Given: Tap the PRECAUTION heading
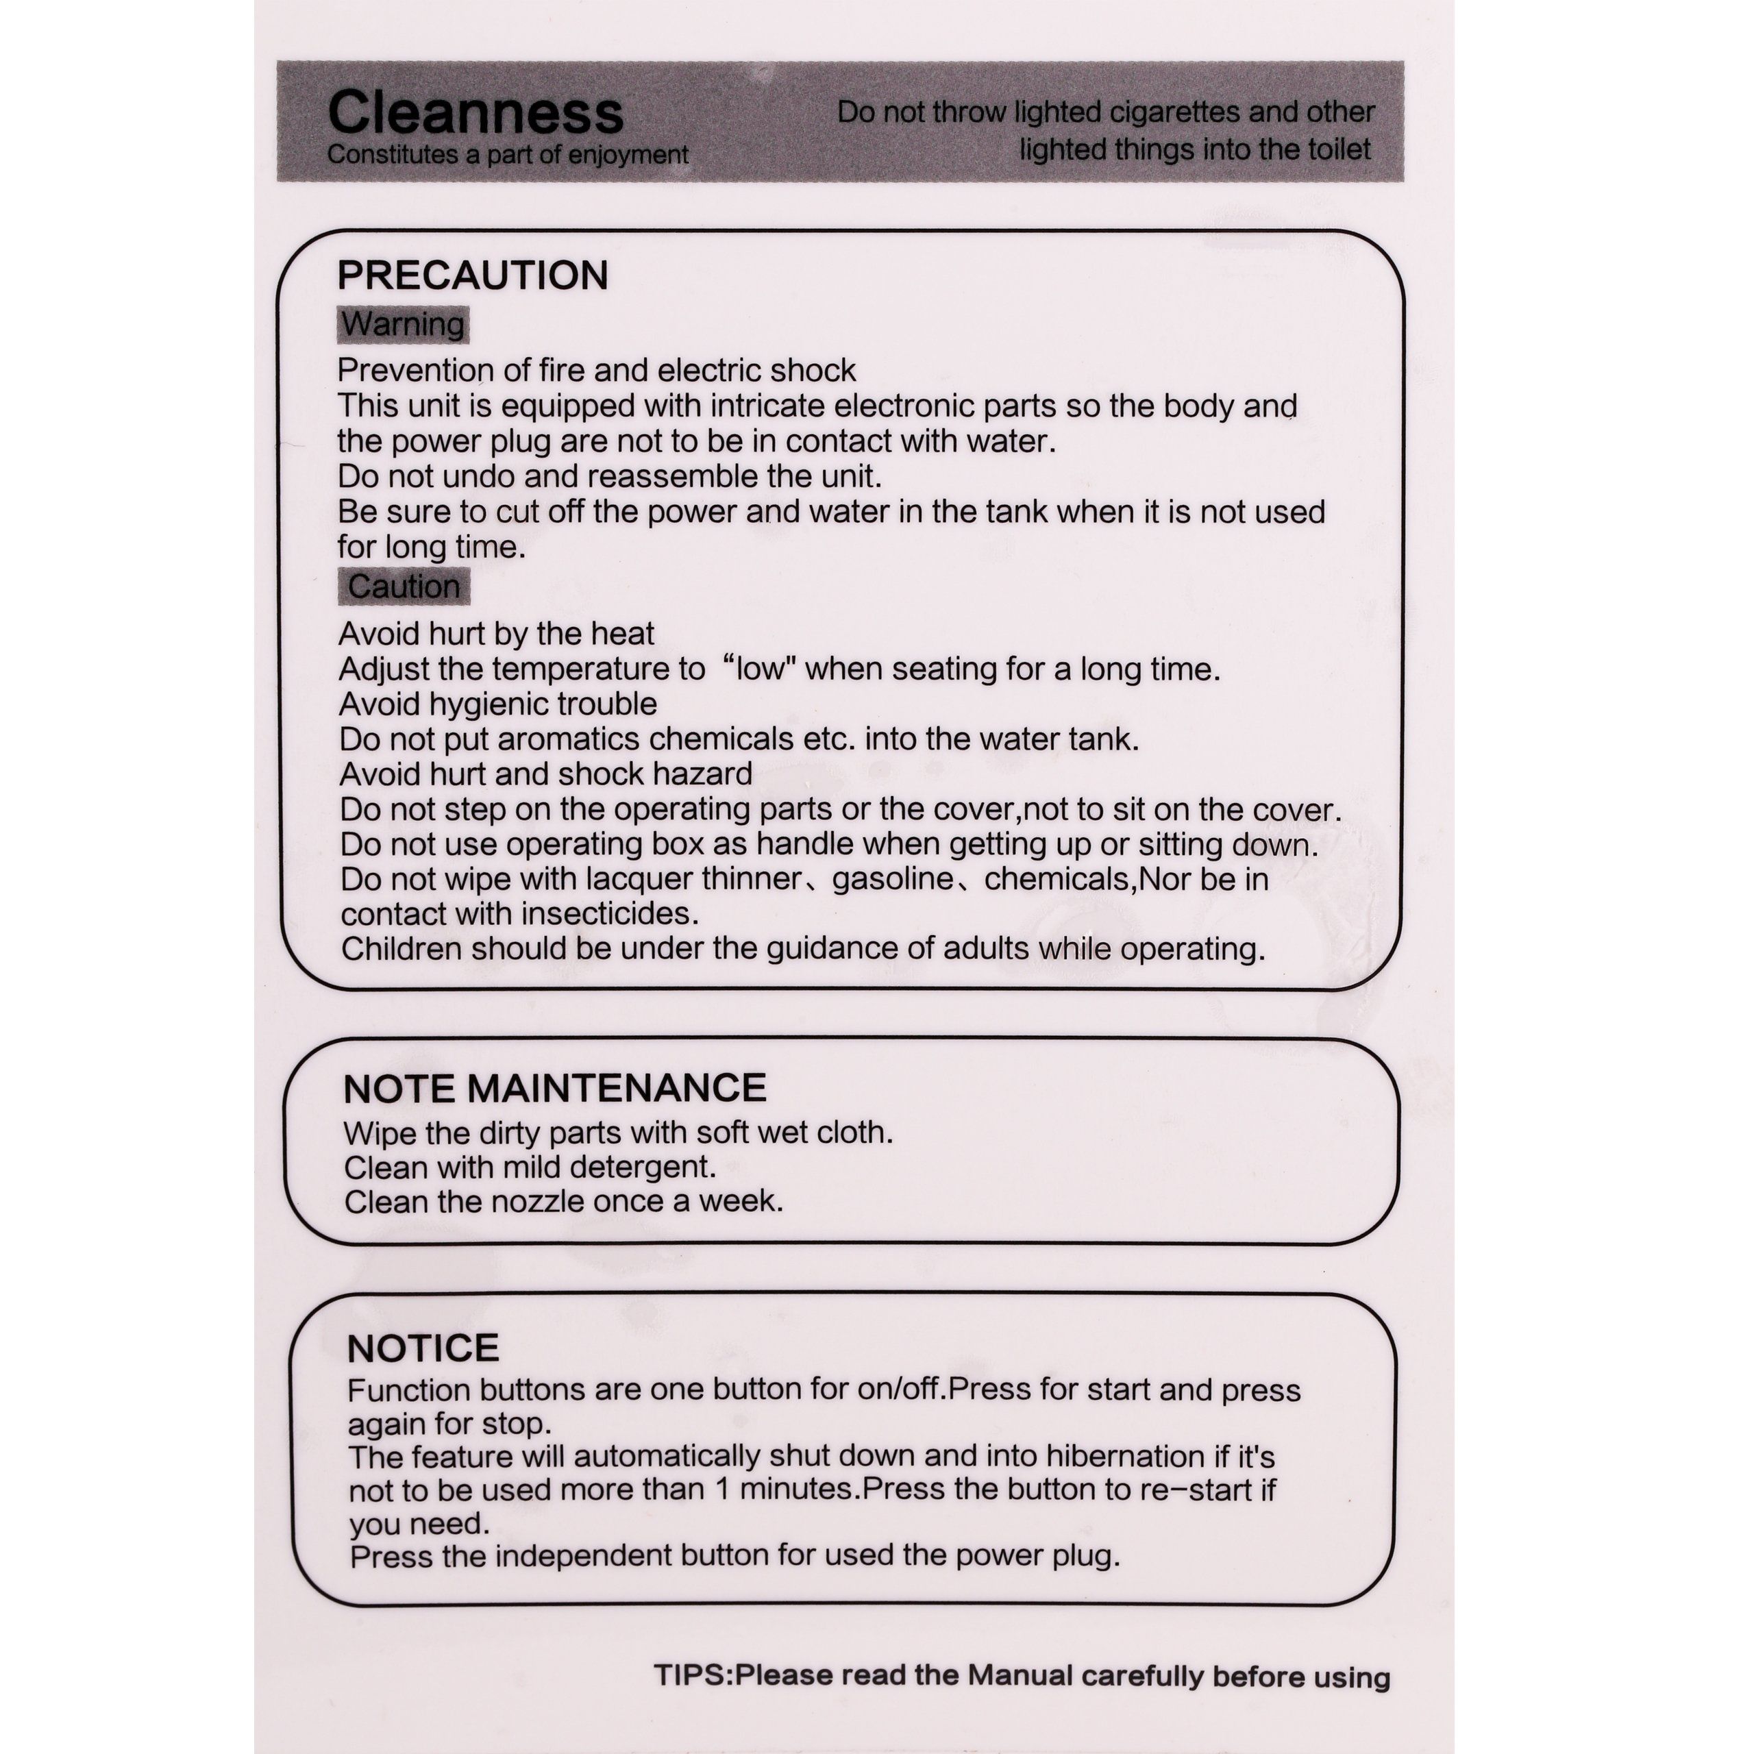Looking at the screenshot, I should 472,275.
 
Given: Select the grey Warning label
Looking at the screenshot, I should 403,324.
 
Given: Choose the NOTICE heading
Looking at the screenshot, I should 423,1348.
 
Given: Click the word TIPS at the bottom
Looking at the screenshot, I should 691,1675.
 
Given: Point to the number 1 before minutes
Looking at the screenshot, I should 723,1490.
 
